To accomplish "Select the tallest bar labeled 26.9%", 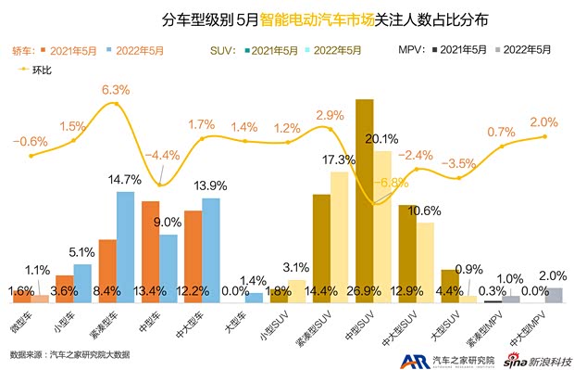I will [364, 199].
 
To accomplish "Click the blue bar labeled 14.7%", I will [125, 246].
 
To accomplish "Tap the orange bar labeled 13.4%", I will [151, 250].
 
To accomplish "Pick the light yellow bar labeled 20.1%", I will [381, 226].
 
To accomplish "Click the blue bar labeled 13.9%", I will [211, 249].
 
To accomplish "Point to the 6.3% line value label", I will [115, 91].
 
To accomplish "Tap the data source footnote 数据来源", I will [69, 354].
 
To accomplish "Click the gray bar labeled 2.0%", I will [554, 295].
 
